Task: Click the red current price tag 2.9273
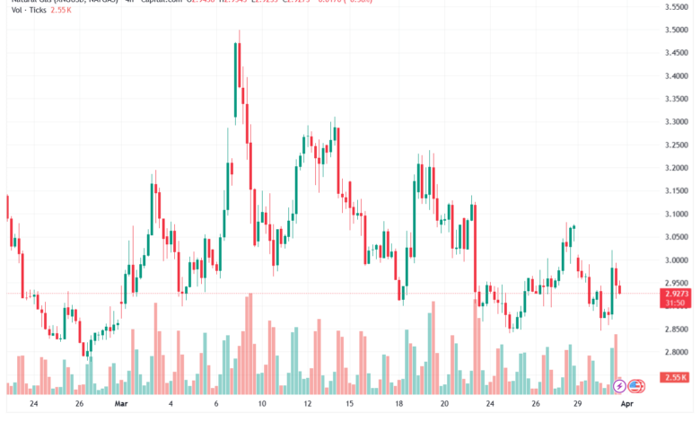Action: (677, 293)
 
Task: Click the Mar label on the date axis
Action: (122, 405)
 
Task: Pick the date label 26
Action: (79, 405)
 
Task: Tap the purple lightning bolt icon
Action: (619, 386)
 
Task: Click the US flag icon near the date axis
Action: (636, 386)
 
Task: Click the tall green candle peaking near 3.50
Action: (236, 81)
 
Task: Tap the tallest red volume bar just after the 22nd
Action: (476, 346)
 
